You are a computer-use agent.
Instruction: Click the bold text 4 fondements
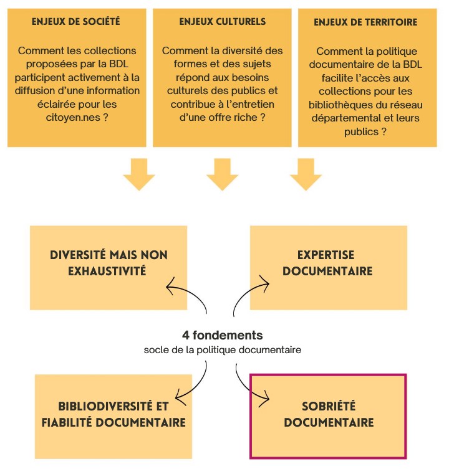(222, 335)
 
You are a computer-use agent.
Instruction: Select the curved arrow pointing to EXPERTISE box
(249, 293)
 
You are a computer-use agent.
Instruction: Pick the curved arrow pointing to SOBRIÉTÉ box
(249, 383)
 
